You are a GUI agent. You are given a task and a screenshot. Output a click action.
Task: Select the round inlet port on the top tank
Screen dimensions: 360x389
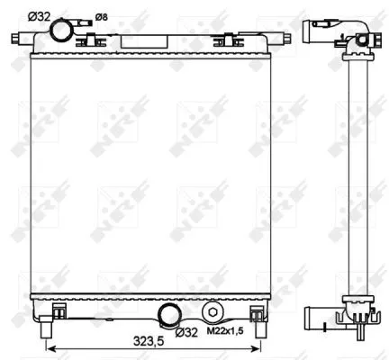[63, 31]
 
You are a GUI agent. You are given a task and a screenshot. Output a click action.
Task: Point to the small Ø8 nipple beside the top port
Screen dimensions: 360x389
[86, 24]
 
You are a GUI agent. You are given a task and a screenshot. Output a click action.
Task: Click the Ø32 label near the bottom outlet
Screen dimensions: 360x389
[186, 333]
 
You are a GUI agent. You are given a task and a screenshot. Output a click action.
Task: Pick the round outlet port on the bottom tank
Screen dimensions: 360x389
[168, 315]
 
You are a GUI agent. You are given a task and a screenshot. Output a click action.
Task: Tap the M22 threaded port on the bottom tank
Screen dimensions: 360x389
[213, 313]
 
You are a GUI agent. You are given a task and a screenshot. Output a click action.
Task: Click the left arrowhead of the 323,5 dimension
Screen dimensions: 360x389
[49, 349]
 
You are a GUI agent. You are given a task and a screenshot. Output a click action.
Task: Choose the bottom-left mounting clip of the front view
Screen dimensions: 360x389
[58, 312]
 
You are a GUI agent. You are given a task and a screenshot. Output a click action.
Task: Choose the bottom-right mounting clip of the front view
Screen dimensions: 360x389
[258, 312]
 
